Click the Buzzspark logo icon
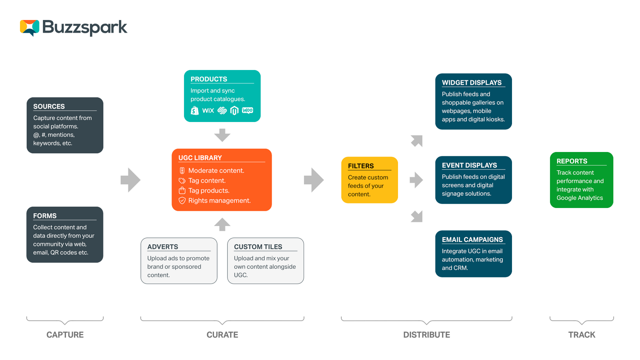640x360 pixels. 30,28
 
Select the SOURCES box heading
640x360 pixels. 49,106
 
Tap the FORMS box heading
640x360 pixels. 45,216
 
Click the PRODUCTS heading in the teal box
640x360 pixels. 209,79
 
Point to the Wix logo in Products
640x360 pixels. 208,111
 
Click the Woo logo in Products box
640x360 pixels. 248,110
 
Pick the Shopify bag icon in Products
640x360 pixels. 195,111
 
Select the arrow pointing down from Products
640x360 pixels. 222,135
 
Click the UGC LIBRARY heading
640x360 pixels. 200,158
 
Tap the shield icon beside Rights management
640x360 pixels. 182,200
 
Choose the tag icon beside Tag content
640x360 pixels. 182,181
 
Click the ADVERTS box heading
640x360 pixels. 163,247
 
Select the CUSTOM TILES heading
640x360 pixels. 258,247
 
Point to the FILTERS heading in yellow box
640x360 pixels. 361,166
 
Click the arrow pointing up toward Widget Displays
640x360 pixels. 416,141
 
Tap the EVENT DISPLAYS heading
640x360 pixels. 469,165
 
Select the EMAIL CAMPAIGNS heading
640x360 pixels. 472,240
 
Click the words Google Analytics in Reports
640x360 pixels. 580,198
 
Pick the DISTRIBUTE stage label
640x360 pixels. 426,335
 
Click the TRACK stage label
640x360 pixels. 582,335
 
